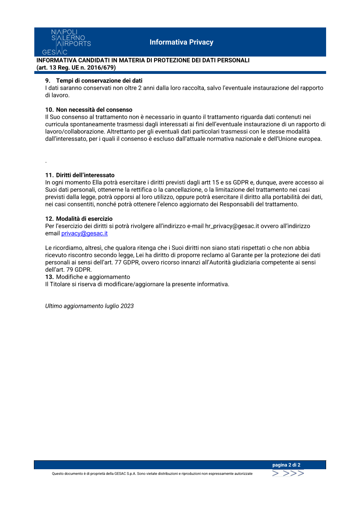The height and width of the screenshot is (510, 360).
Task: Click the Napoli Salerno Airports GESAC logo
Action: [x=67, y=42]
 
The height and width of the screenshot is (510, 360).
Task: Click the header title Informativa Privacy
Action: [x=181, y=42]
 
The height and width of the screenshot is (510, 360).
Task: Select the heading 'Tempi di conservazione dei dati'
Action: [x=99, y=81]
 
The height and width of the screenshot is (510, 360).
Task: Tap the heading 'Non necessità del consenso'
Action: [x=94, y=110]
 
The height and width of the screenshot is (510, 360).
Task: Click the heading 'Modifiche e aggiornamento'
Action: [x=93, y=277]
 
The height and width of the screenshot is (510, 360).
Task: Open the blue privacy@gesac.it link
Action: [x=84, y=233]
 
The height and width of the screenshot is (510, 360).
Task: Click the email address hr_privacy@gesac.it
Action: [x=232, y=226]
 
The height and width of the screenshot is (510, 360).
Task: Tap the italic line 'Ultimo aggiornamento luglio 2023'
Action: [x=89, y=306]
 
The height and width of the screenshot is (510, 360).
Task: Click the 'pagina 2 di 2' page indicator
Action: [x=286, y=465]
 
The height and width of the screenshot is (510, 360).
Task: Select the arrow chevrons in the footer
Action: [x=288, y=473]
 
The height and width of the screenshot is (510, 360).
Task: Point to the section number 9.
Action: [x=47, y=81]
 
